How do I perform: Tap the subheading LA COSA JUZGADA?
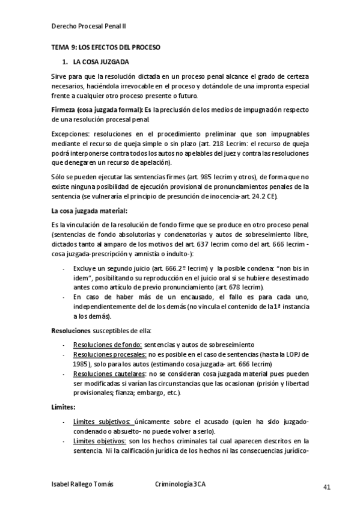pyautogui.click(x=101, y=62)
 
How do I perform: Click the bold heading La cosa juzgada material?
pyautogui.click(x=90, y=211)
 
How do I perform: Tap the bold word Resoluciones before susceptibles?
pyautogui.click(x=71, y=330)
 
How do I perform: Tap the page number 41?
pyautogui.click(x=326, y=487)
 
